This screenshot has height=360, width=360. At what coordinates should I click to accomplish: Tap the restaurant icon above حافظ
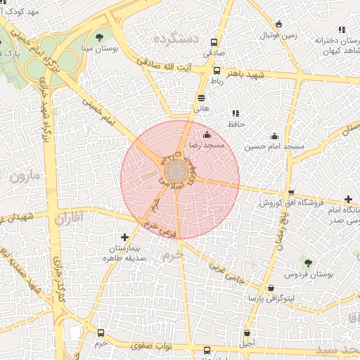(235, 113)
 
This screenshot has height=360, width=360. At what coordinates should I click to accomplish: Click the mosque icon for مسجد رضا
(207, 134)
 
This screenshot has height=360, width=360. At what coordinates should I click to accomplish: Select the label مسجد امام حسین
(274, 147)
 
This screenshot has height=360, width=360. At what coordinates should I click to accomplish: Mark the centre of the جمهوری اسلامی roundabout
(174, 171)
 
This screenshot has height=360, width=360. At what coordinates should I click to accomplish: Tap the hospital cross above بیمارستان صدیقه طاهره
(125, 238)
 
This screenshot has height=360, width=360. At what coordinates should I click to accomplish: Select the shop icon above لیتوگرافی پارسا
(271, 288)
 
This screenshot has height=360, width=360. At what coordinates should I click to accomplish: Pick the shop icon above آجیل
(247, 333)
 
